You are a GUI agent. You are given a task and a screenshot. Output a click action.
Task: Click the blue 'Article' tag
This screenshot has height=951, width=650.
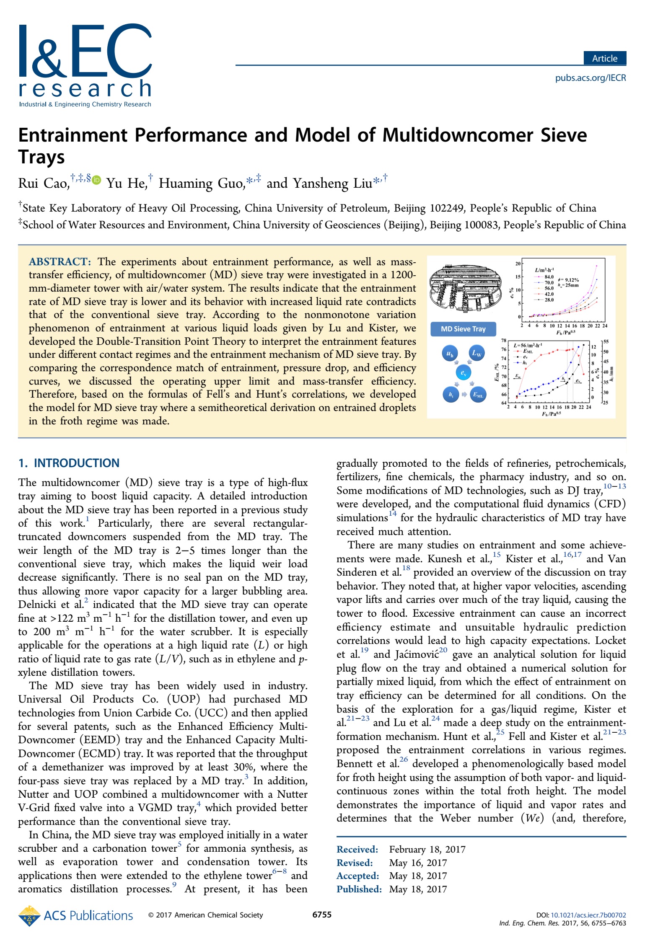pos(604,58)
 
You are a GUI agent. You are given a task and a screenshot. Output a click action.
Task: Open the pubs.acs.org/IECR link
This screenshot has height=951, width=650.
pos(590,78)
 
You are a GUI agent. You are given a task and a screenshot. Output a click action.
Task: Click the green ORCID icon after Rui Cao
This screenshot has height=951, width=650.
pos(97,180)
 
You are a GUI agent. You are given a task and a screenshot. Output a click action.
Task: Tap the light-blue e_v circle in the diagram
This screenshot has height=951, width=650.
pos(463,372)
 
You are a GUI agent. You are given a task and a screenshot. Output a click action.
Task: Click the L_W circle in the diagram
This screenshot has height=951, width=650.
pos(477,353)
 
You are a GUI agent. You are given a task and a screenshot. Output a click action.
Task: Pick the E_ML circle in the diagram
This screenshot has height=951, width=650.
pos(478,394)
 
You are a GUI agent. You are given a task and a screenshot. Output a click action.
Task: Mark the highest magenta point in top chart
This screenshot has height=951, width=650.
pos(596,266)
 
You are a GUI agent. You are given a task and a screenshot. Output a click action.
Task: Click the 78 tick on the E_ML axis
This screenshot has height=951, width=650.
pos(504,341)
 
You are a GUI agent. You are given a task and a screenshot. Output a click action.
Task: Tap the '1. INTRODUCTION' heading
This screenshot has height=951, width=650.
pos(69,463)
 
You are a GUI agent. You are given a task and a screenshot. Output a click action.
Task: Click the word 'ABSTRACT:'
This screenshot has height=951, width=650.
pos(60,262)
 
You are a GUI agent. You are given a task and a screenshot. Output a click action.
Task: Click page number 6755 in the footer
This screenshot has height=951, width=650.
pos(322,915)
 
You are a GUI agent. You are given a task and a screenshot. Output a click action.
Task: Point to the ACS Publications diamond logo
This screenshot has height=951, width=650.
pos(28,916)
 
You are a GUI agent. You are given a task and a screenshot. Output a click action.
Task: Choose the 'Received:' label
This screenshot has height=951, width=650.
pos(357,849)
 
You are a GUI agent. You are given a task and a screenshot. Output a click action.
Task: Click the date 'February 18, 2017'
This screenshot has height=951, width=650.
pos(427,849)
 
